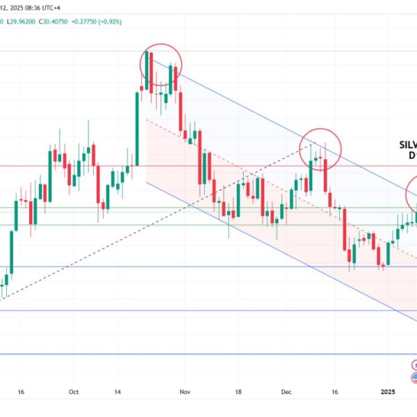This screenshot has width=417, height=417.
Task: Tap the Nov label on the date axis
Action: (x=183, y=392)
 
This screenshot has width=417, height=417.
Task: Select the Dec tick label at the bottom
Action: (x=286, y=392)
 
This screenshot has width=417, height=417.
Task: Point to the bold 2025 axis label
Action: (x=389, y=392)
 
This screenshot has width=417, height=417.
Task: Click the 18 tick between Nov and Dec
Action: (x=238, y=392)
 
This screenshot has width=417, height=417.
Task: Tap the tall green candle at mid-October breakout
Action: (x=137, y=129)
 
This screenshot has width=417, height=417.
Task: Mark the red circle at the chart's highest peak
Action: (x=161, y=65)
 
